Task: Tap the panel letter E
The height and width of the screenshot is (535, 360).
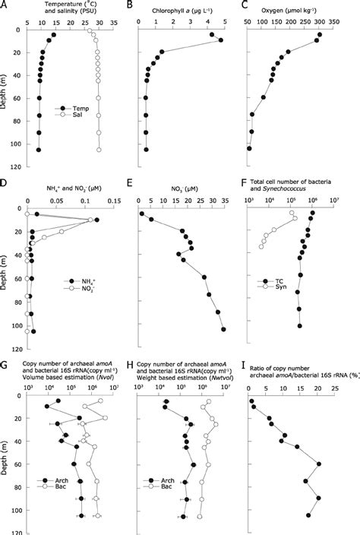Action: click(x=140, y=183)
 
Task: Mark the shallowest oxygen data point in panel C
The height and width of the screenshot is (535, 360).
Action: click(x=320, y=34)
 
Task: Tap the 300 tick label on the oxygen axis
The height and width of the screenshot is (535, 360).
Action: click(x=319, y=24)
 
